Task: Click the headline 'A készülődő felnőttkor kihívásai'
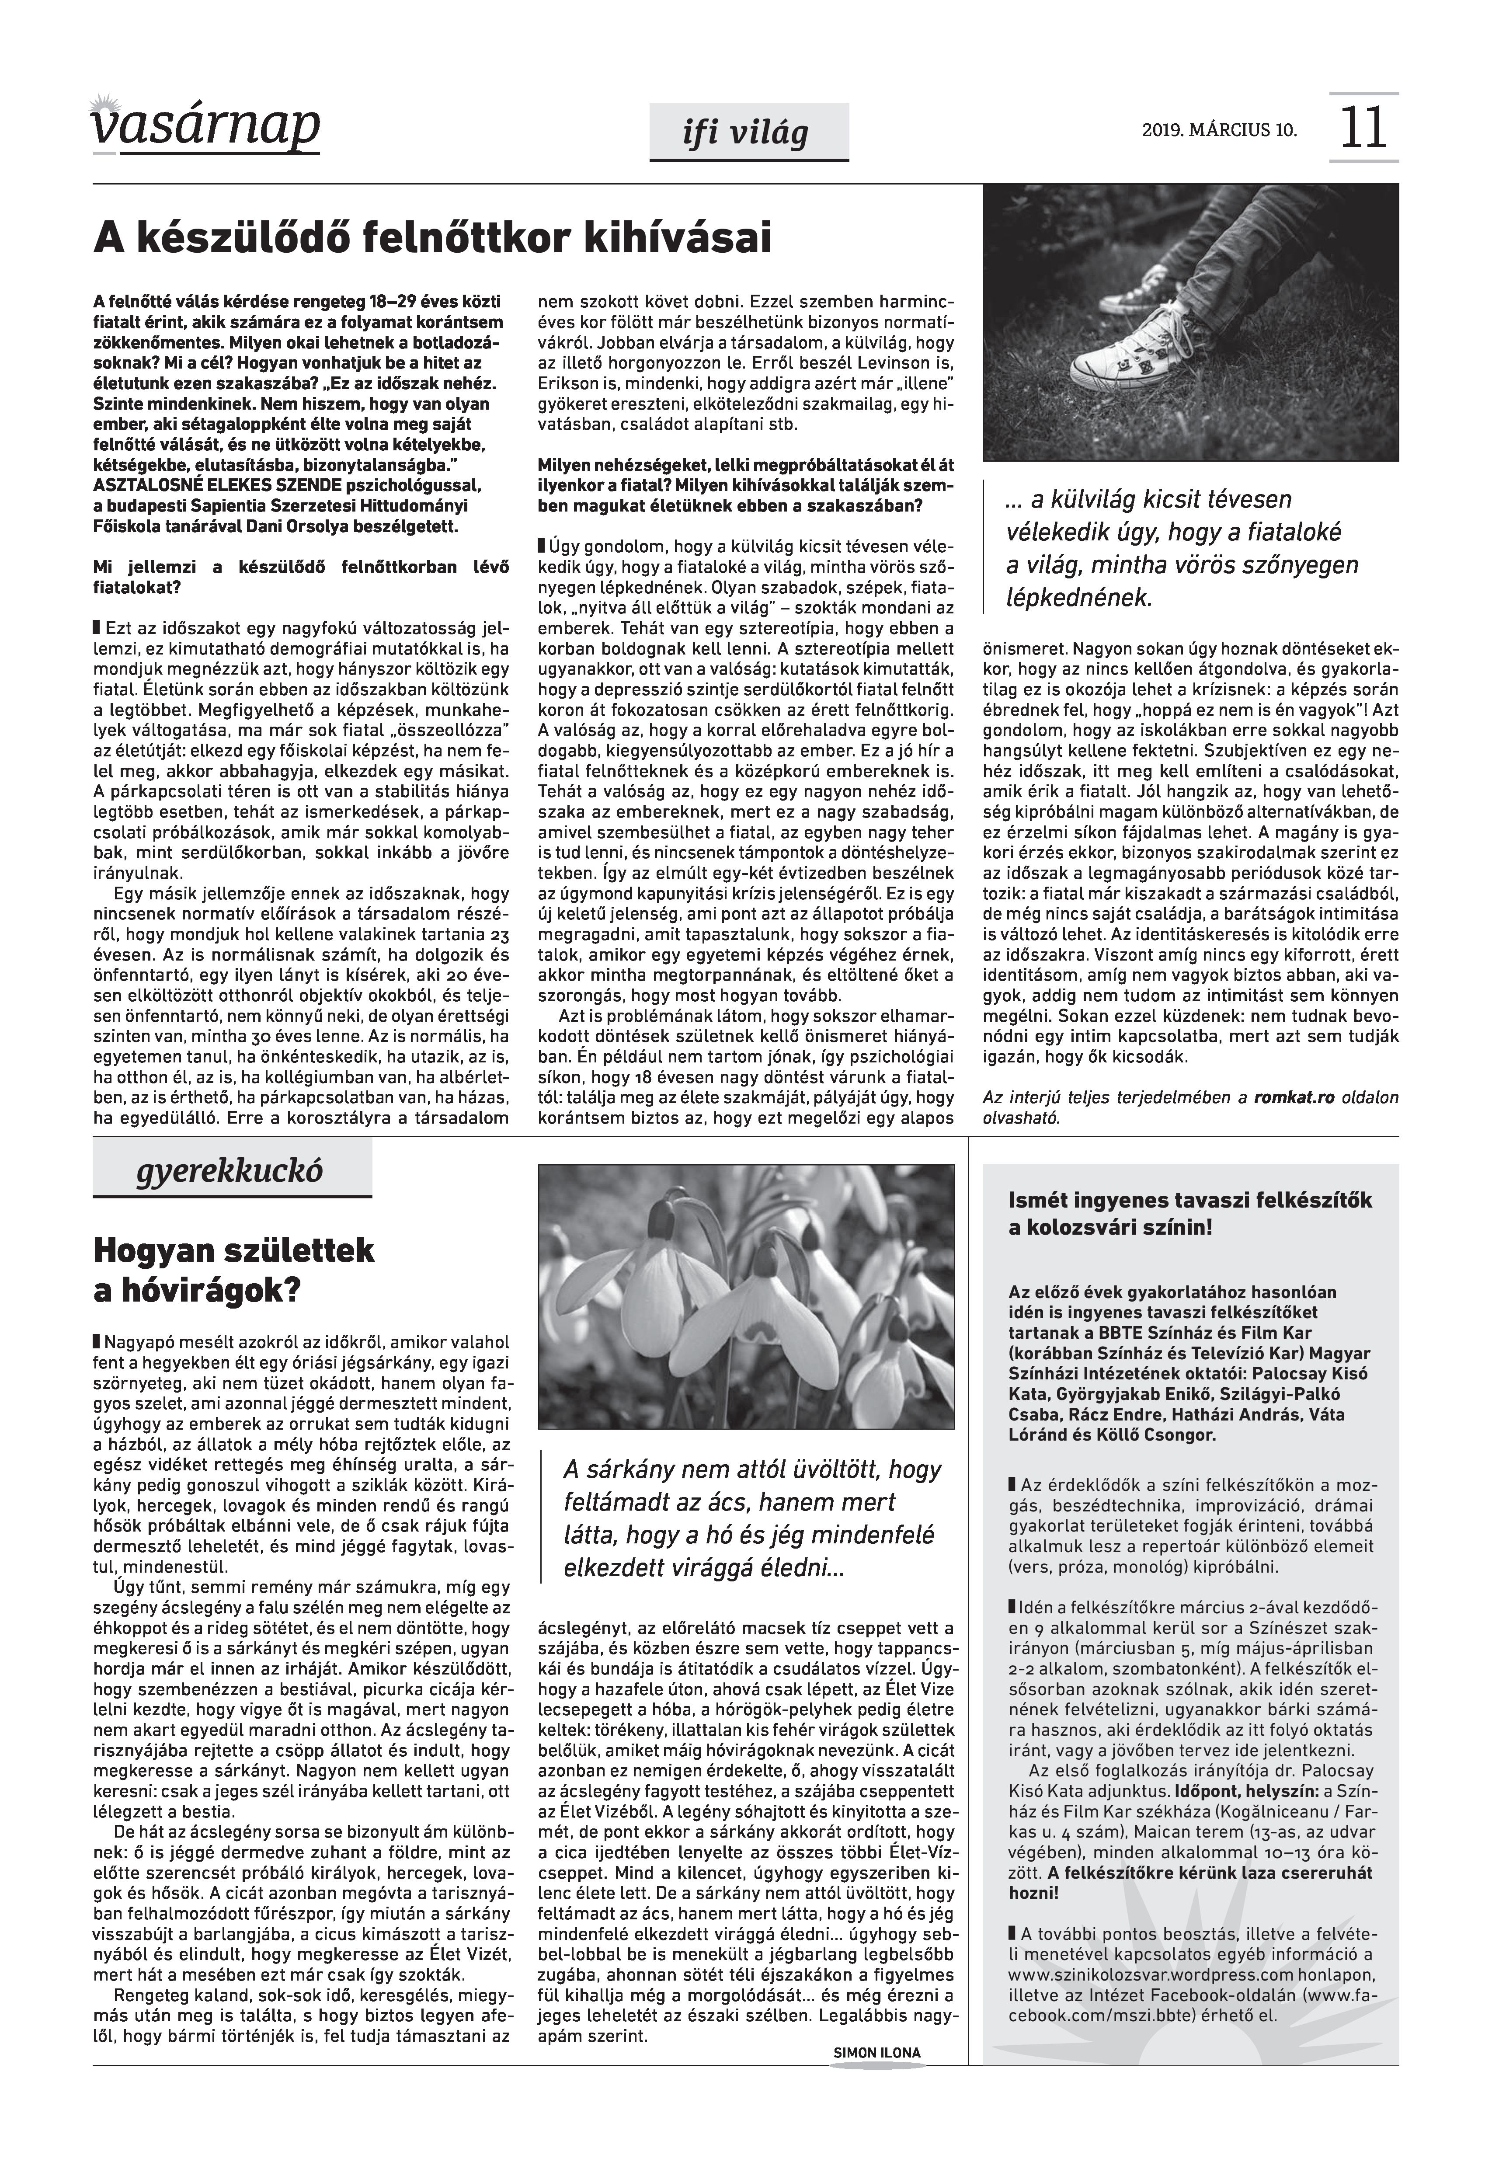click(x=433, y=238)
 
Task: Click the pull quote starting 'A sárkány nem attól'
click(x=751, y=1518)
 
